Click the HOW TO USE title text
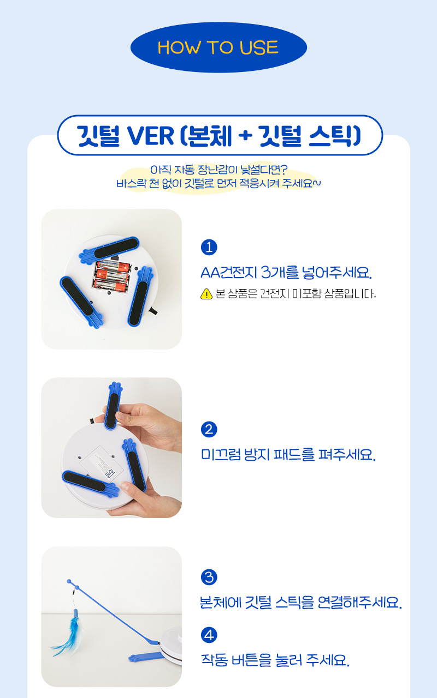(x=218, y=47)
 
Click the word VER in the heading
(x=150, y=136)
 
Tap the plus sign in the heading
(x=245, y=136)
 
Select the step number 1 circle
(x=209, y=248)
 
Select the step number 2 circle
(x=209, y=429)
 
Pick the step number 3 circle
(x=209, y=577)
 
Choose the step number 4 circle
(x=209, y=635)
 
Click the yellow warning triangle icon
(x=206, y=294)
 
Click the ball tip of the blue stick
(x=69, y=581)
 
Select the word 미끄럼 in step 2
(x=221, y=454)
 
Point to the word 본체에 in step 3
(x=221, y=602)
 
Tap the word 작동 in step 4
(x=214, y=660)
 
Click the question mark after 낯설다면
(x=284, y=170)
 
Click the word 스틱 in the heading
(x=335, y=136)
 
